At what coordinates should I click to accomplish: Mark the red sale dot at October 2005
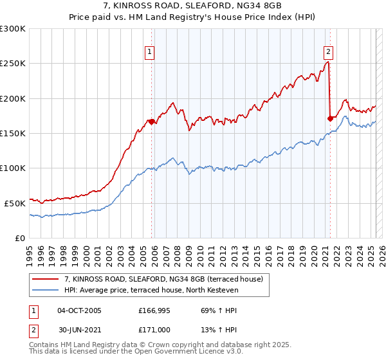coord(152,122)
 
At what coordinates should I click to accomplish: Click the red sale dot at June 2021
coord(330,118)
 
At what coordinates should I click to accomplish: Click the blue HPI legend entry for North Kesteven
coord(151,290)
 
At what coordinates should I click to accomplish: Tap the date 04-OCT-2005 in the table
coord(79,310)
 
